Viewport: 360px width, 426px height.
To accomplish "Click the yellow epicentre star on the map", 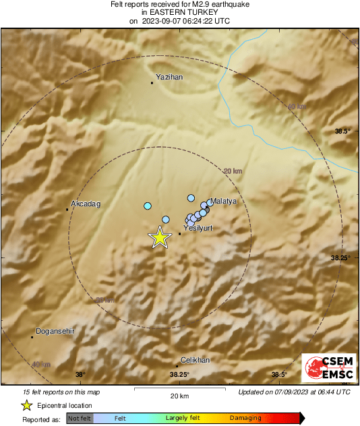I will (x=160, y=237).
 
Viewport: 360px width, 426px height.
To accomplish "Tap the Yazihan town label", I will (x=169, y=78).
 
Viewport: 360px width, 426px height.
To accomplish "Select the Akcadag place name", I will (x=86, y=204).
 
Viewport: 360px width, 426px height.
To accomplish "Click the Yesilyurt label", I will (x=198, y=229).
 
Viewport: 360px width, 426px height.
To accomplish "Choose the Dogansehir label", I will (x=53, y=331).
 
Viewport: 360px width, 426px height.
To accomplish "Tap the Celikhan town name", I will (x=196, y=361).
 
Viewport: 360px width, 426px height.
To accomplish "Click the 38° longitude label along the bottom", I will (x=81, y=375).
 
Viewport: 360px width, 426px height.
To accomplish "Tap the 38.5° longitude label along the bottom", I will (x=279, y=375).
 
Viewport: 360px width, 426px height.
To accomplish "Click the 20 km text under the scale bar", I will (x=179, y=396).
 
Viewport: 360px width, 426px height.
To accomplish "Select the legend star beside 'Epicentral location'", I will (x=26, y=405).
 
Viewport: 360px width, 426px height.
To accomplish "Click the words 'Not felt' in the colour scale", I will (x=80, y=419).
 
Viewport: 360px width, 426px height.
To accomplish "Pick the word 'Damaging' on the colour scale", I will (x=245, y=419).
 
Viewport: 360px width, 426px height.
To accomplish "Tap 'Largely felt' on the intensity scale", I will (x=181, y=419).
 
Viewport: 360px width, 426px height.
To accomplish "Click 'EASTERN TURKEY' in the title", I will (x=179, y=12).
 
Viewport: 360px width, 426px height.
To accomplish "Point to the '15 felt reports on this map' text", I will (x=61, y=392).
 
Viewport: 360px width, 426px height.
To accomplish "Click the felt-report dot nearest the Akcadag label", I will (x=148, y=206).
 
